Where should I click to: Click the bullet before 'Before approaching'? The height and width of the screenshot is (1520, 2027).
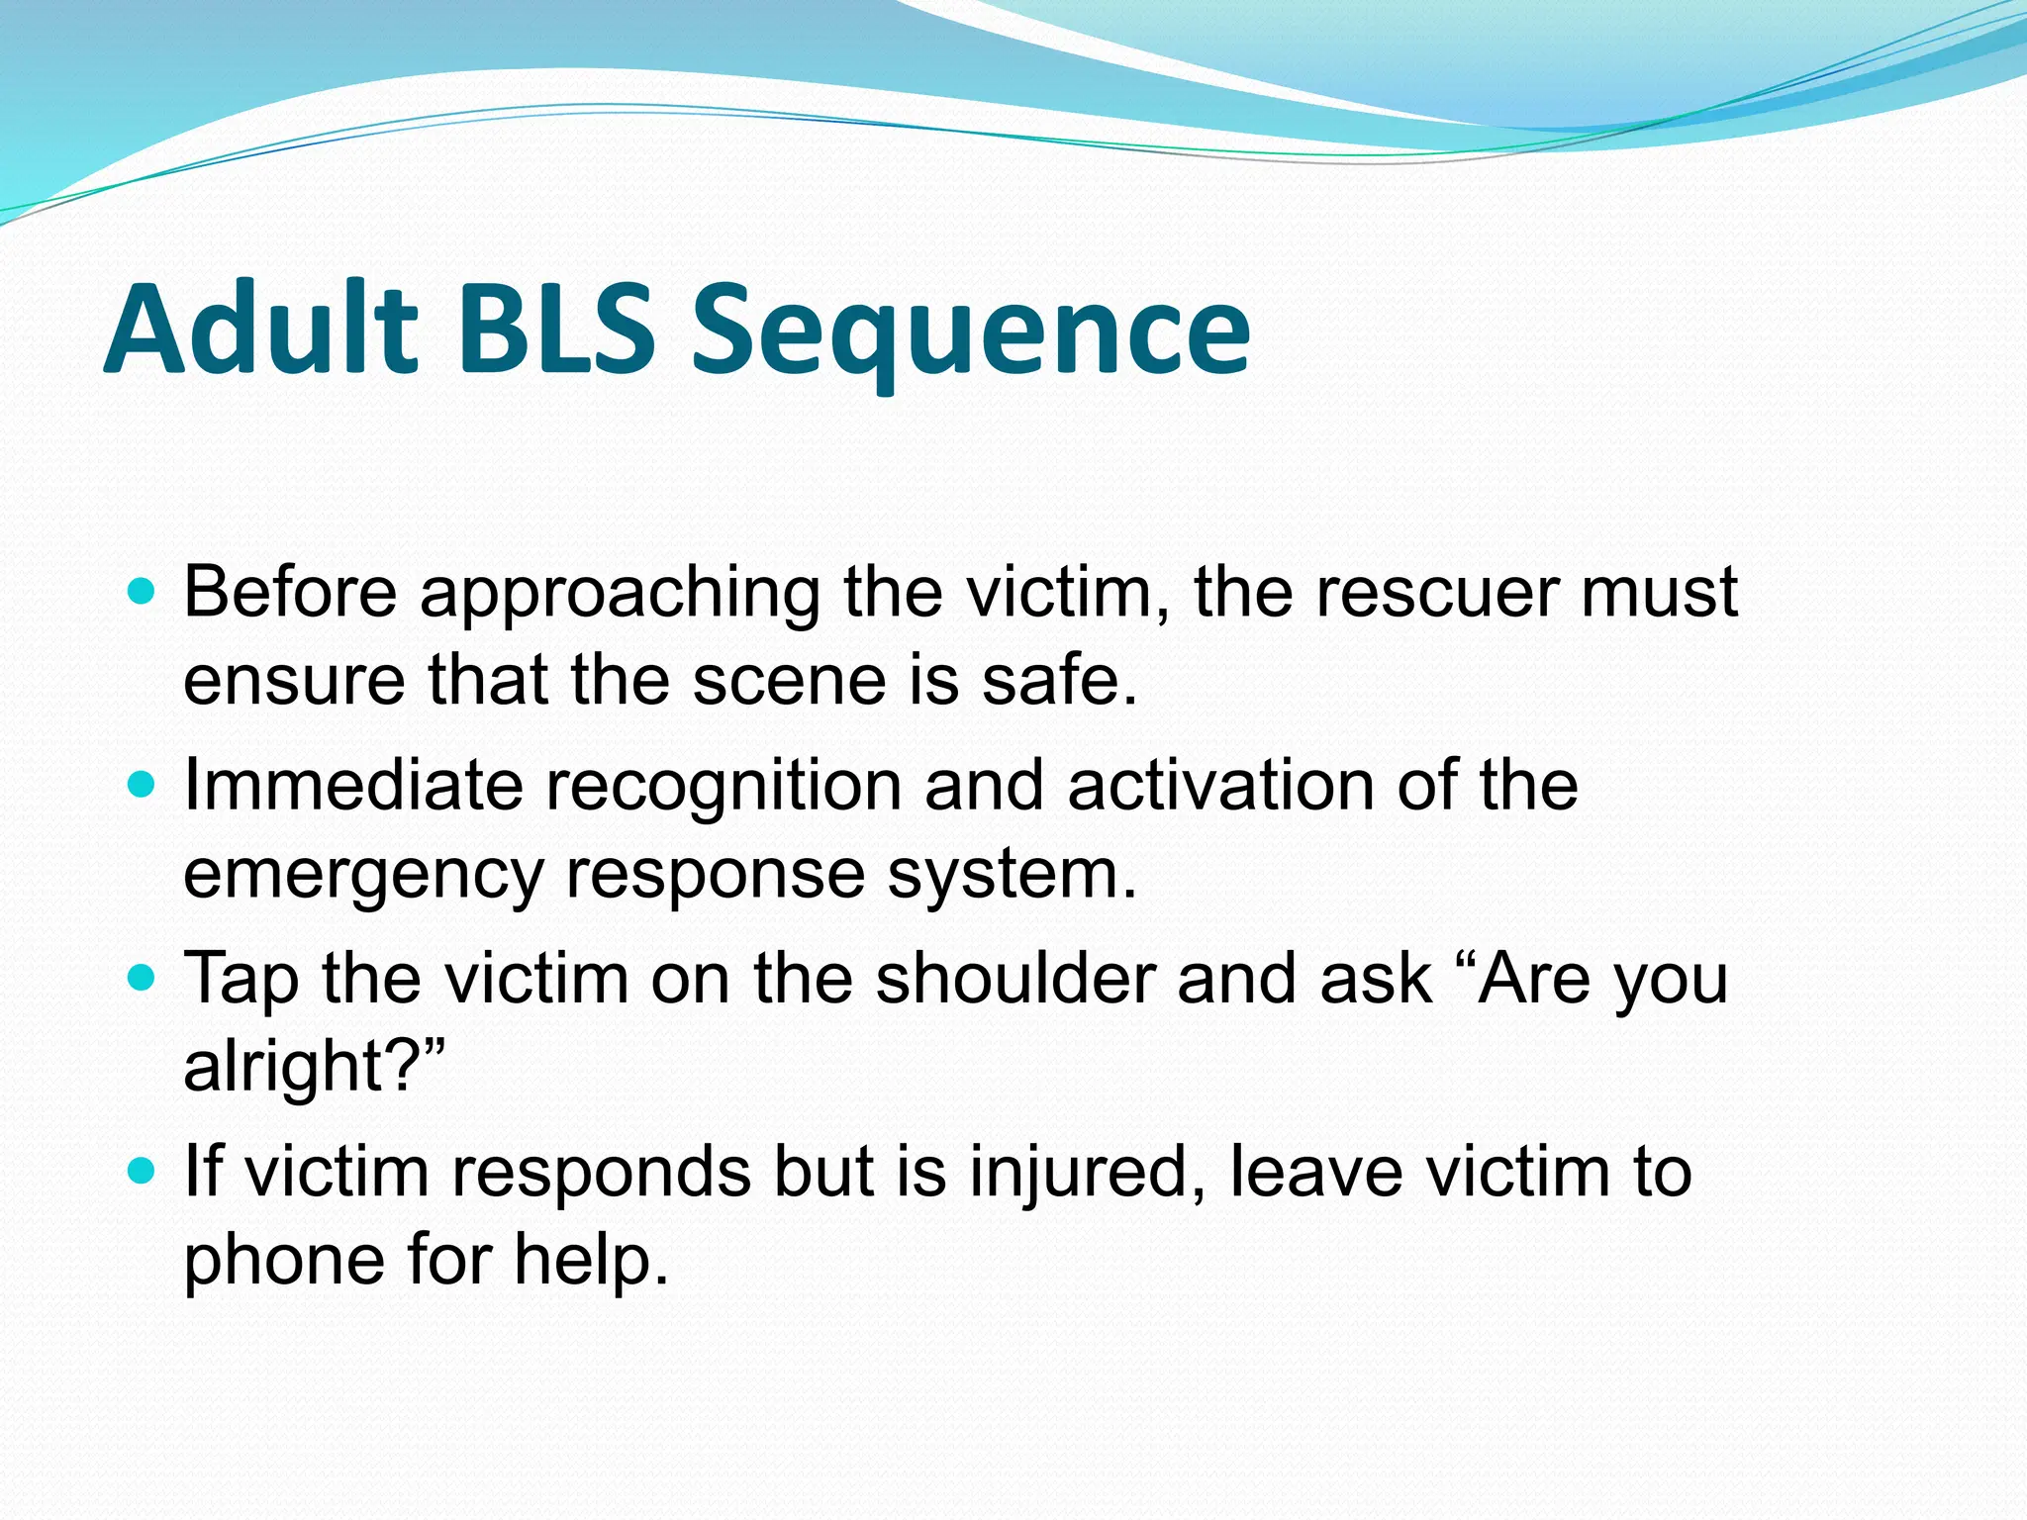coord(143,593)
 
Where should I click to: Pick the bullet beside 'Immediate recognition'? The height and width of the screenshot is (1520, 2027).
coord(143,786)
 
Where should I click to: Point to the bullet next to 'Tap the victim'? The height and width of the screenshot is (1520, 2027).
coord(143,979)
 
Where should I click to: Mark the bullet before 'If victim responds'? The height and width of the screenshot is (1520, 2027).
coord(143,1172)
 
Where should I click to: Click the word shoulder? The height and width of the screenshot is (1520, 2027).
coord(1014,978)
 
